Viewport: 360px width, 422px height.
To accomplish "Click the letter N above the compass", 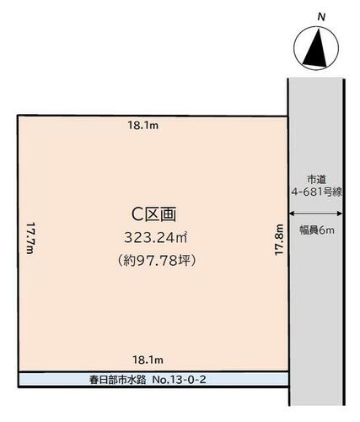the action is point(321,17).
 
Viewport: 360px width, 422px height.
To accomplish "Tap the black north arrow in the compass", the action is point(316,51).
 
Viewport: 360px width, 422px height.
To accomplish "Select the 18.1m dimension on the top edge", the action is point(143,125).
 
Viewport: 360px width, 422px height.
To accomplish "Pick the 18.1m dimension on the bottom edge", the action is point(148,360).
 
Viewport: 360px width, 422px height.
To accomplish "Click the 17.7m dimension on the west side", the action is point(30,238).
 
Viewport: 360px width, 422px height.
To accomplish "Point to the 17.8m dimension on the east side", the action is point(278,240).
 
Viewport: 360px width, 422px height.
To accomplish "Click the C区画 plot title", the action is point(153,214).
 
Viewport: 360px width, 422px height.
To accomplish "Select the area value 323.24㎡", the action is point(156,238).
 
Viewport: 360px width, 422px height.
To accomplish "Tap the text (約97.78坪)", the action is point(156,261).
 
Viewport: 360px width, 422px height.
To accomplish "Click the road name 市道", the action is point(316,179).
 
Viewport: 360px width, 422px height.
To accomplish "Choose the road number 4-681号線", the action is point(316,192).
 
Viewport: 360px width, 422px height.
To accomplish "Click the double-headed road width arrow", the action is point(316,214).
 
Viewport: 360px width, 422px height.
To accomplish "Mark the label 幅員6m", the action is point(317,230).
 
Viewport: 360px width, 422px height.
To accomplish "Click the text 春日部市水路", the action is point(118,380).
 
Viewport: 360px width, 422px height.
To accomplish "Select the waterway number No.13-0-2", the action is point(179,380).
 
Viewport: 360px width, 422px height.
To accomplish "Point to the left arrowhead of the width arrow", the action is point(292,214).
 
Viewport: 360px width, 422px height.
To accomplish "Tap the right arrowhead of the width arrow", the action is point(340,214).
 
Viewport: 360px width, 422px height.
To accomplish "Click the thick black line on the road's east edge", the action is point(344,242).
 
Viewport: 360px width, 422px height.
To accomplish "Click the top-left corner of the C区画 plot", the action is point(18,116).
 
